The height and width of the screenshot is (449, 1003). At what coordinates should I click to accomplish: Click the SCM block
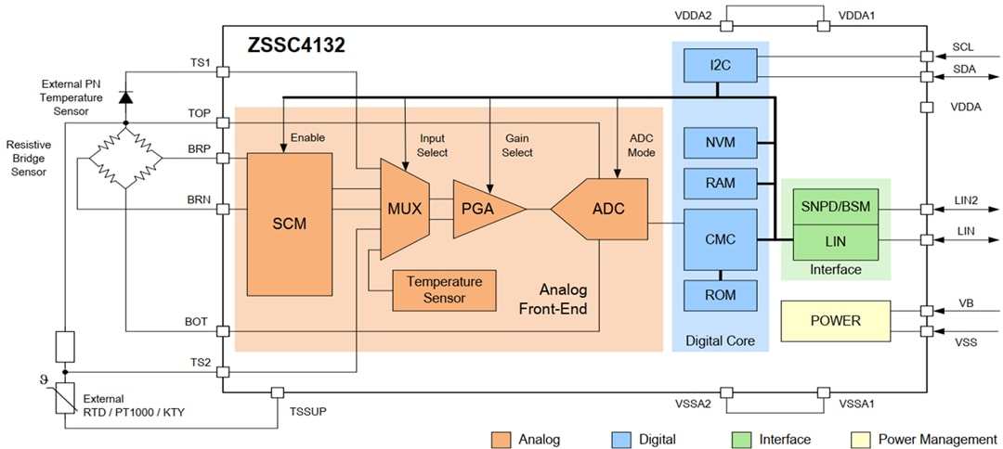[289, 224]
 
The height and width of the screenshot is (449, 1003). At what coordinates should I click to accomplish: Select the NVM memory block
[720, 142]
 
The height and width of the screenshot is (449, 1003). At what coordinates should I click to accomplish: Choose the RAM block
[720, 183]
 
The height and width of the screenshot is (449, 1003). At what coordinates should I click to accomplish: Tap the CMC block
[720, 239]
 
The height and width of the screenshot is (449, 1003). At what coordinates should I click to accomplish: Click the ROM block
[720, 295]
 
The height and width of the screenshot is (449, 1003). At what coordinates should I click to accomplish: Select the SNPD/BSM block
[835, 206]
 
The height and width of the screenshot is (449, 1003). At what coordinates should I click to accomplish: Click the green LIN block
[835, 241]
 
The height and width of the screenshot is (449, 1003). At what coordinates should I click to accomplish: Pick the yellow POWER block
[835, 321]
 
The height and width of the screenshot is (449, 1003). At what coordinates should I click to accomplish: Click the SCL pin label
[963, 46]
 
